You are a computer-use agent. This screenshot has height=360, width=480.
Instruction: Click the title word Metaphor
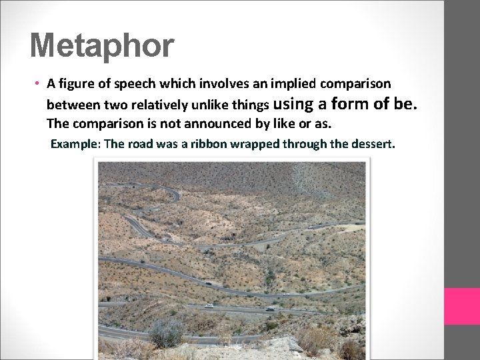click(102, 46)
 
